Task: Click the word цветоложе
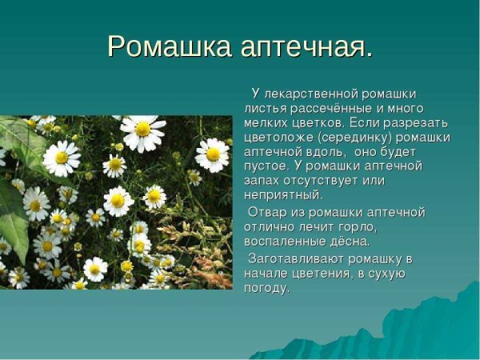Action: [x=276, y=137]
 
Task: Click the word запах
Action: [x=262, y=180]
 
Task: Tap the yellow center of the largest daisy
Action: [x=142, y=129]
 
